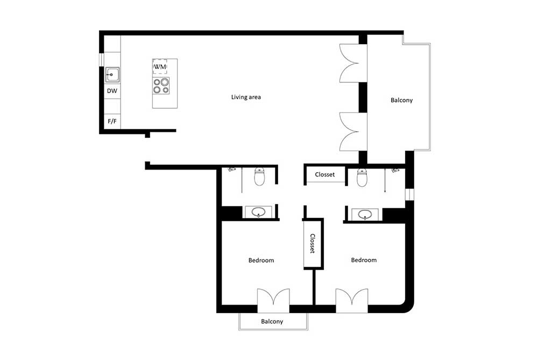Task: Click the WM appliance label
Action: [160, 67]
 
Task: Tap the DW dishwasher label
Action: [112, 91]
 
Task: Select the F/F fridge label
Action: [112, 121]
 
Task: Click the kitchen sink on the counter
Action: [112, 74]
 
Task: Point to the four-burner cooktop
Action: [161, 86]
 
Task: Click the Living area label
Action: [246, 97]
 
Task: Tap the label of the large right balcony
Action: [402, 100]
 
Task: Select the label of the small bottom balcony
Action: [272, 322]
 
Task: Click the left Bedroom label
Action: [261, 260]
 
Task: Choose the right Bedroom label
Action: [364, 260]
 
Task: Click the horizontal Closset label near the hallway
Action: [324, 174]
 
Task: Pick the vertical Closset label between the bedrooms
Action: [313, 243]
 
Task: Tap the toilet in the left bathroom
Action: [260, 177]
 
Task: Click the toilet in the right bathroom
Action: [362, 178]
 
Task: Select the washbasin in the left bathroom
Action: [258, 213]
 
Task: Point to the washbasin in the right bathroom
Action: [365, 215]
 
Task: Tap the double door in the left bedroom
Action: [273, 301]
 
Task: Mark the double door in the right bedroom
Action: [352, 301]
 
